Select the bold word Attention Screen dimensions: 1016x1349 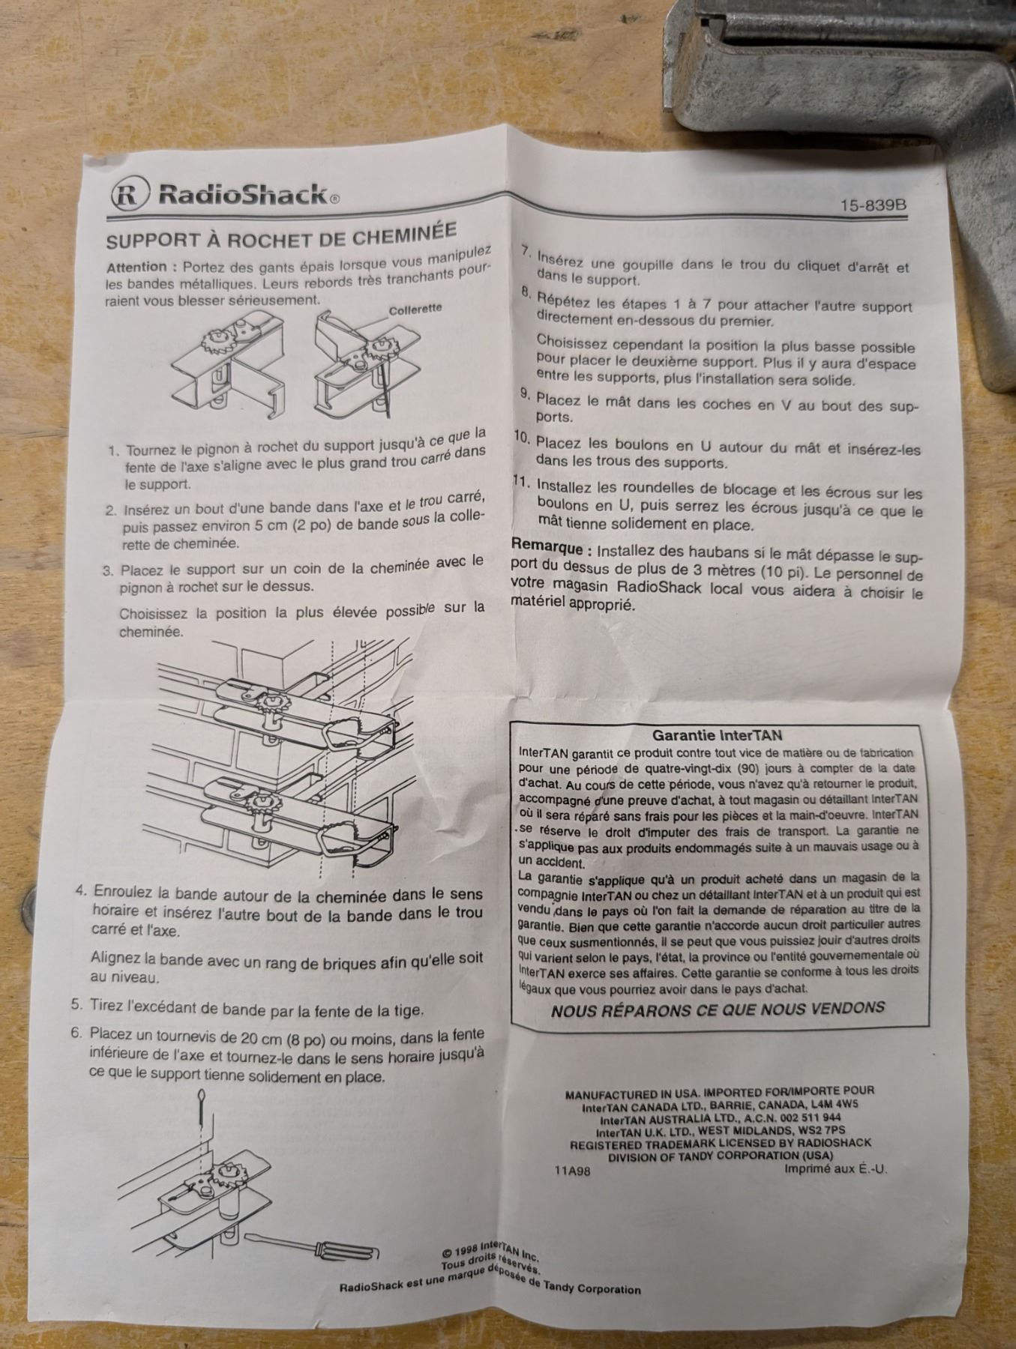136,267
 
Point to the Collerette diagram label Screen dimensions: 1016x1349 415,309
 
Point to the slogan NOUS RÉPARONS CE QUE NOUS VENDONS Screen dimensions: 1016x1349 718,1009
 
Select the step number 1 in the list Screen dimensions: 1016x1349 113,452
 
